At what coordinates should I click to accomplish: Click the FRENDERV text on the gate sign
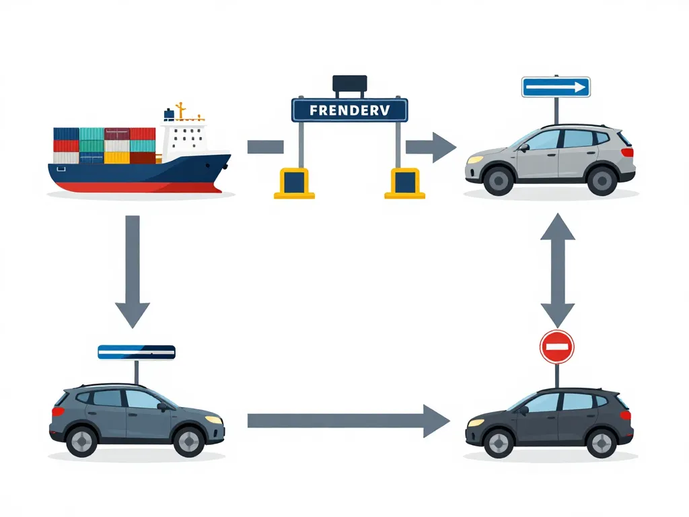click(x=349, y=110)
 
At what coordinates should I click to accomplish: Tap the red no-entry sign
click(x=556, y=347)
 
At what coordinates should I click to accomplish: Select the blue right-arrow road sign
click(x=556, y=87)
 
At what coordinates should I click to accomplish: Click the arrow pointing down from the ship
click(x=133, y=269)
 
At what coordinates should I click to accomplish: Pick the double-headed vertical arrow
click(x=557, y=269)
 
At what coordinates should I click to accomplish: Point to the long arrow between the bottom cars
click(x=347, y=421)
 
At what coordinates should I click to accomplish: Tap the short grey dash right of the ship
click(x=265, y=147)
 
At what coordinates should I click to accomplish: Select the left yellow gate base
click(x=294, y=183)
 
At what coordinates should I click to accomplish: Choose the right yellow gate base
click(x=404, y=183)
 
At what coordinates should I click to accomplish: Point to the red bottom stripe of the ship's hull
click(x=135, y=186)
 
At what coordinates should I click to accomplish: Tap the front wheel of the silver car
click(x=499, y=180)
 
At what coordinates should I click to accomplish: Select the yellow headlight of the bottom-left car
click(x=213, y=419)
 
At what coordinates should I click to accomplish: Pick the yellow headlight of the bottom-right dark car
click(x=476, y=422)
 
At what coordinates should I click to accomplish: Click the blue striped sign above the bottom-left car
click(x=137, y=352)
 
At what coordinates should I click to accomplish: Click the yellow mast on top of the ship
click(x=181, y=110)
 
